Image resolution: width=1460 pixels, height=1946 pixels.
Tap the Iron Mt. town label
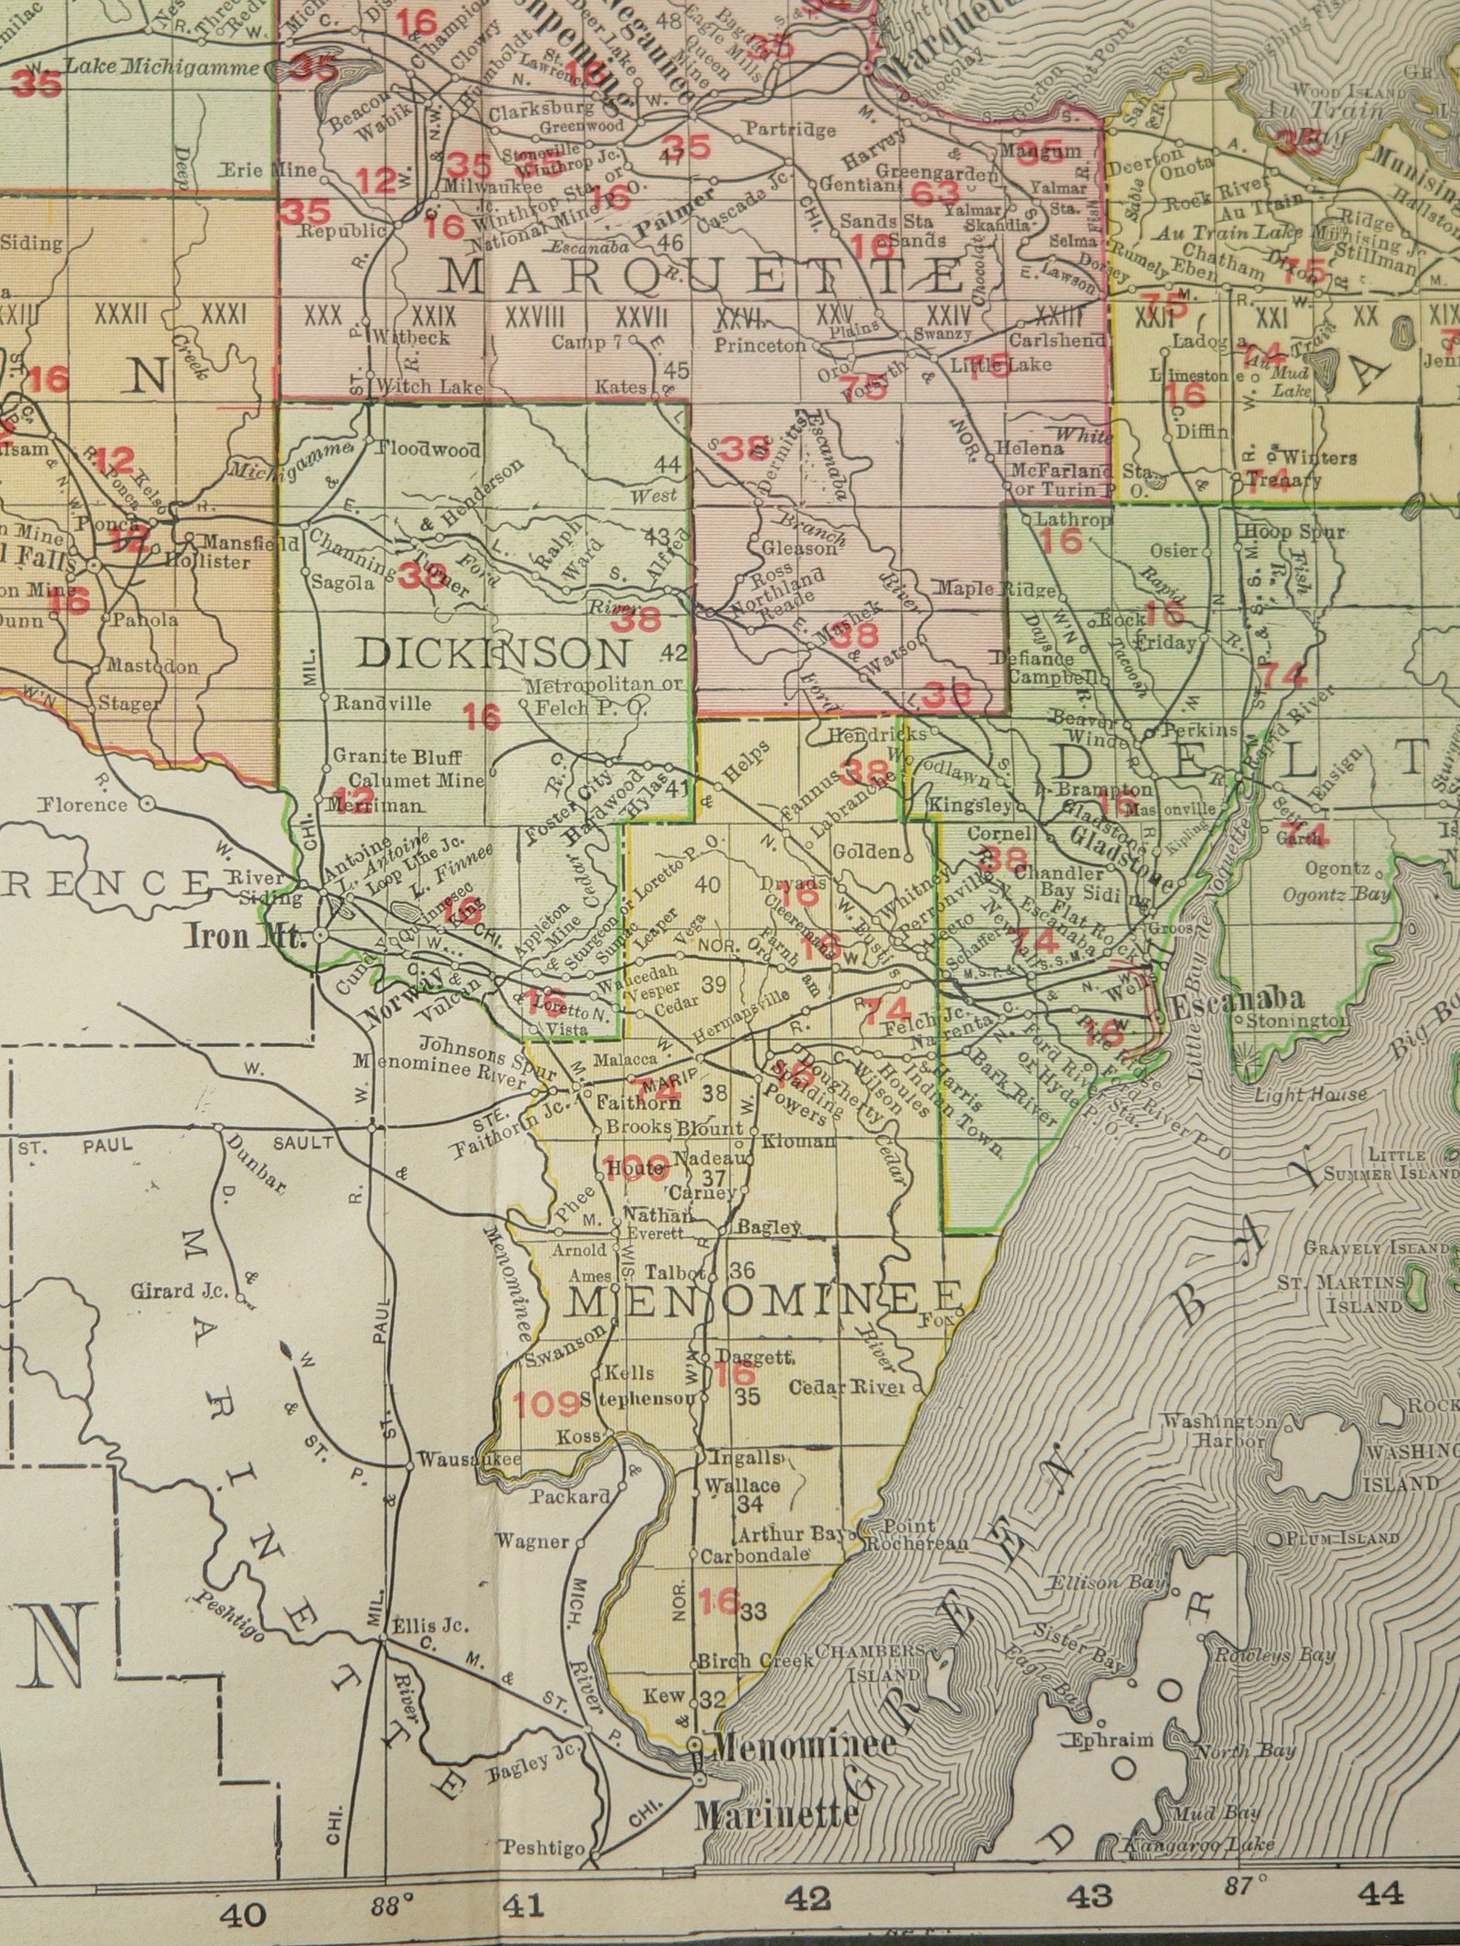click(x=245, y=939)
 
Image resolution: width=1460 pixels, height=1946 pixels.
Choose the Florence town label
click(x=84, y=804)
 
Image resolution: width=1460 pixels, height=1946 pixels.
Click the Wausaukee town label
click(x=469, y=1460)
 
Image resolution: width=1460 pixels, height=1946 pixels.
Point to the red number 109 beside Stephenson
click(x=546, y=1403)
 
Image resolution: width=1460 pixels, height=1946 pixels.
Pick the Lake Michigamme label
click(x=165, y=67)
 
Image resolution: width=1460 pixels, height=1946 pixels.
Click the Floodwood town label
click(x=428, y=450)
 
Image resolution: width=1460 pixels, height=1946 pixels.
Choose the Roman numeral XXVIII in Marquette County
click(x=535, y=316)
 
